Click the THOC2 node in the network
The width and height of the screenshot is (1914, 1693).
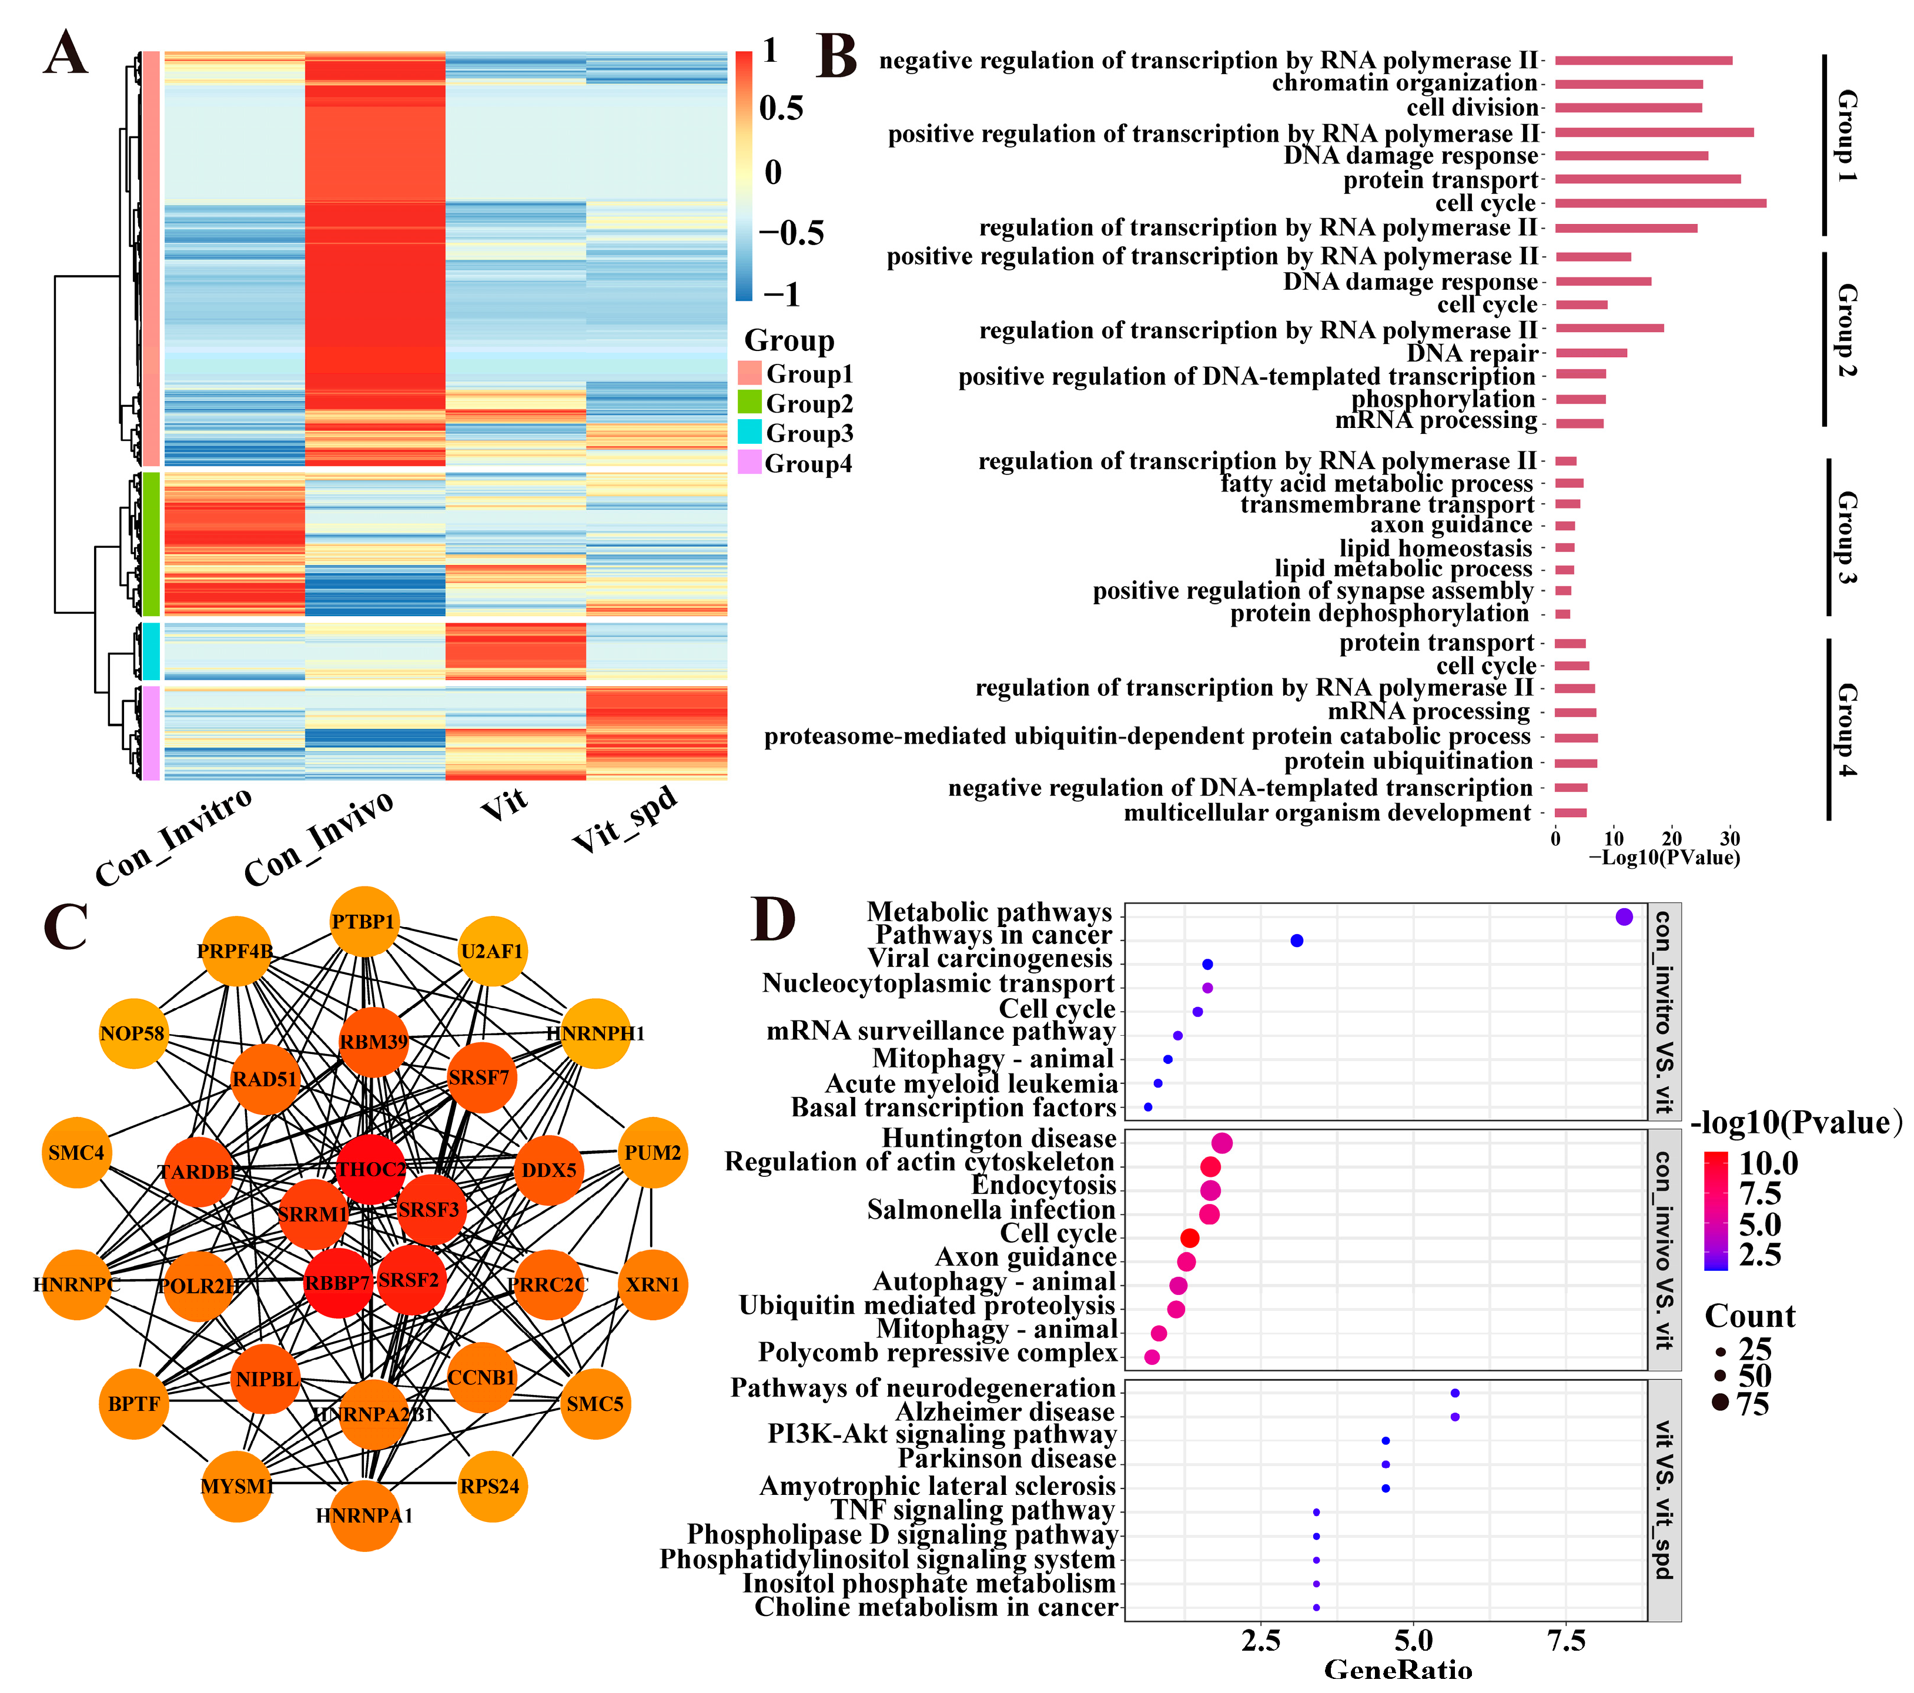pyautogui.click(x=372, y=1170)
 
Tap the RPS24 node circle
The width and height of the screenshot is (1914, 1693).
pyautogui.click(x=491, y=1486)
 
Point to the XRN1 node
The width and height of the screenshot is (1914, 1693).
pyautogui.click(x=652, y=1284)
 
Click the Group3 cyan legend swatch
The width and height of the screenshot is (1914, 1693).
pyautogui.click(x=749, y=433)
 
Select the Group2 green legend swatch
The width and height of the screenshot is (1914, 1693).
pyautogui.click(x=749, y=403)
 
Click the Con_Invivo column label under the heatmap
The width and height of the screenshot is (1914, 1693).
pyautogui.click(x=319, y=838)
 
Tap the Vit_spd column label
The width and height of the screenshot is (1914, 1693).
pyautogui.click(x=625, y=819)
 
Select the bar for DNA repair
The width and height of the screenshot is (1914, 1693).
pyautogui.click(x=1591, y=353)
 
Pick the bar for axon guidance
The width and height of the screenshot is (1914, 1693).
pyautogui.click(x=1565, y=526)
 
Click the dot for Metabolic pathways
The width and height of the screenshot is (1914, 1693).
pyautogui.click(x=1624, y=916)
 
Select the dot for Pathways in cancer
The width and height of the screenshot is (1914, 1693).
pyautogui.click(x=1297, y=940)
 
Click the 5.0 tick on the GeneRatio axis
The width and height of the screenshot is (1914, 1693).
pyautogui.click(x=1413, y=1641)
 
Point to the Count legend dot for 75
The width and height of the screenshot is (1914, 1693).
pyautogui.click(x=1720, y=1403)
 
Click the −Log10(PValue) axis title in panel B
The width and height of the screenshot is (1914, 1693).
pyautogui.click(x=1664, y=857)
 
